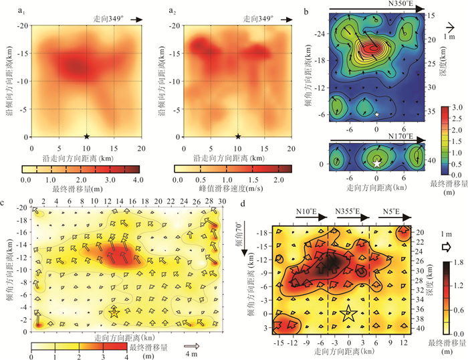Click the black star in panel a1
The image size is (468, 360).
(x=86, y=137)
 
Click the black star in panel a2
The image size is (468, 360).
(x=237, y=137)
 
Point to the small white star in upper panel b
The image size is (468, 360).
(x=378, y=114)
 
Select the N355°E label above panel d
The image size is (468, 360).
(x=348, y=212)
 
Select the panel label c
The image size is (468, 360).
(x=6, y=203)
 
